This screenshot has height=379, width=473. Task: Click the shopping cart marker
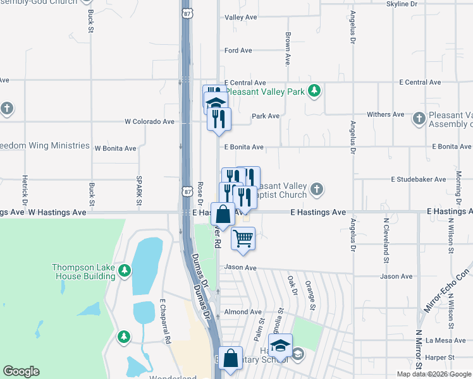243,239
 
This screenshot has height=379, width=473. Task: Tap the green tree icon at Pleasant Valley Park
314,91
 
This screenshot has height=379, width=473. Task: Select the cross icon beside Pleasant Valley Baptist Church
317,188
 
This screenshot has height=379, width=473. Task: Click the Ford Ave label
238,51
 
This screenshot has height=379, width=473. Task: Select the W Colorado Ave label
149,121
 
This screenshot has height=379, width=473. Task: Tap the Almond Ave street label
242,312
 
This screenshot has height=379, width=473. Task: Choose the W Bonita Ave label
115,149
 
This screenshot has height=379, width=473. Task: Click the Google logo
21,371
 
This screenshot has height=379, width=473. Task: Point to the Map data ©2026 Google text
434,374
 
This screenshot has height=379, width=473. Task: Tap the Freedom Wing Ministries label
44,146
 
